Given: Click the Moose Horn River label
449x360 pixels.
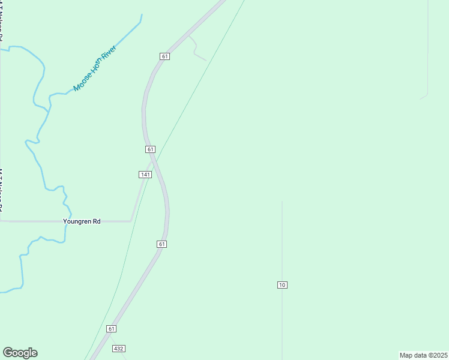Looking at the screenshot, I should point(94,70).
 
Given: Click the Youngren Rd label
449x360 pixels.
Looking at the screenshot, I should point(82,221).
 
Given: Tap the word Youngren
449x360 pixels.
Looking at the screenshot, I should point(77,221).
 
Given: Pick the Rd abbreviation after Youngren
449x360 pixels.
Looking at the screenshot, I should point(96,221).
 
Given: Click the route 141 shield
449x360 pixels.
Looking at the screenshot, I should point(145,175).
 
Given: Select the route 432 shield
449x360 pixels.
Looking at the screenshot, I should point(118,349).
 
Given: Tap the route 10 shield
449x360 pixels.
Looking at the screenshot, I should point(282,284).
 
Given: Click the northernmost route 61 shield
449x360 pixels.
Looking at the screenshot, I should point(165,56).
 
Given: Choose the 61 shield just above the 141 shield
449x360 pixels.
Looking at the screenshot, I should point(150,149).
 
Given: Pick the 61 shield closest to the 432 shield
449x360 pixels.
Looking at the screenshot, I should point(112,329).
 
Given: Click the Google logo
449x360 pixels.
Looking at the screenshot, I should point(20,353).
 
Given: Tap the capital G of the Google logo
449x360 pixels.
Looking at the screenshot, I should point(8,352).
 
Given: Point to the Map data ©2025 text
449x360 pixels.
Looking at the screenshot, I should point(423,355).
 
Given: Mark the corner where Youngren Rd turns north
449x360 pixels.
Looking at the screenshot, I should point(131,221).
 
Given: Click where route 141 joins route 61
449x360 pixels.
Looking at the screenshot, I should point(154,159).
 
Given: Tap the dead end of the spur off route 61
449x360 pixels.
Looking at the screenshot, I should point(206,61).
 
